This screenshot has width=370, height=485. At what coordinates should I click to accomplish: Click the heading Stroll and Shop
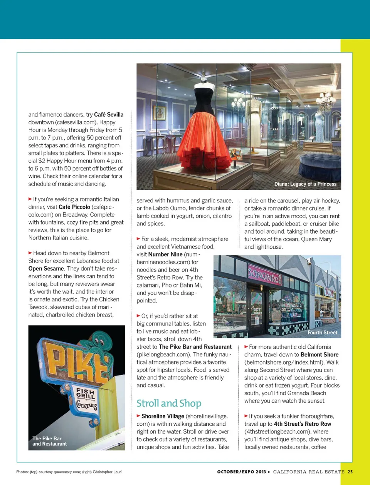[x=169, y=403]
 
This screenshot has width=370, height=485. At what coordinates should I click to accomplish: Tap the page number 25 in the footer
[x=350, y=472]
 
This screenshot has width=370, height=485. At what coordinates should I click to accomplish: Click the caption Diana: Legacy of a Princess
[x=305, y=184]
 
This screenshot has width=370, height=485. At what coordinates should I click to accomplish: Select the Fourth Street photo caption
[x=322, y=333]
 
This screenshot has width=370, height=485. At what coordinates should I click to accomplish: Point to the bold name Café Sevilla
[x=109, y=115]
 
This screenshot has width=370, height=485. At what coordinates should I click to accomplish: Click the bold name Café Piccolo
[x=74, y=207]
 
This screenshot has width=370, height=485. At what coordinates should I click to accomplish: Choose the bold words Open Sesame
[x=46, y=269]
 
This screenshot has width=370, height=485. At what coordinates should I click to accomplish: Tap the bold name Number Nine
[x=165, y=254]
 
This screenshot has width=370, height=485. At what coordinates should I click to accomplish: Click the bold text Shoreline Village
[x=163, y=416]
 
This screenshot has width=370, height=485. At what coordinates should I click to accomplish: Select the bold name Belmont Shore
[x=320, y=355]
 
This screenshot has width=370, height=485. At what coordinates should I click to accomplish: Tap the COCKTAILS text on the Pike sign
[x=86, y=405]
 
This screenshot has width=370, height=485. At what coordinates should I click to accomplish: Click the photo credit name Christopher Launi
[x=108, y=472]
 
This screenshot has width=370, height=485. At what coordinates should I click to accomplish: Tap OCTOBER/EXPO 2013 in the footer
[x=242, y=472]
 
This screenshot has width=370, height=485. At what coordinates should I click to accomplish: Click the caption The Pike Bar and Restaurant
[x=49, y=441]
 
